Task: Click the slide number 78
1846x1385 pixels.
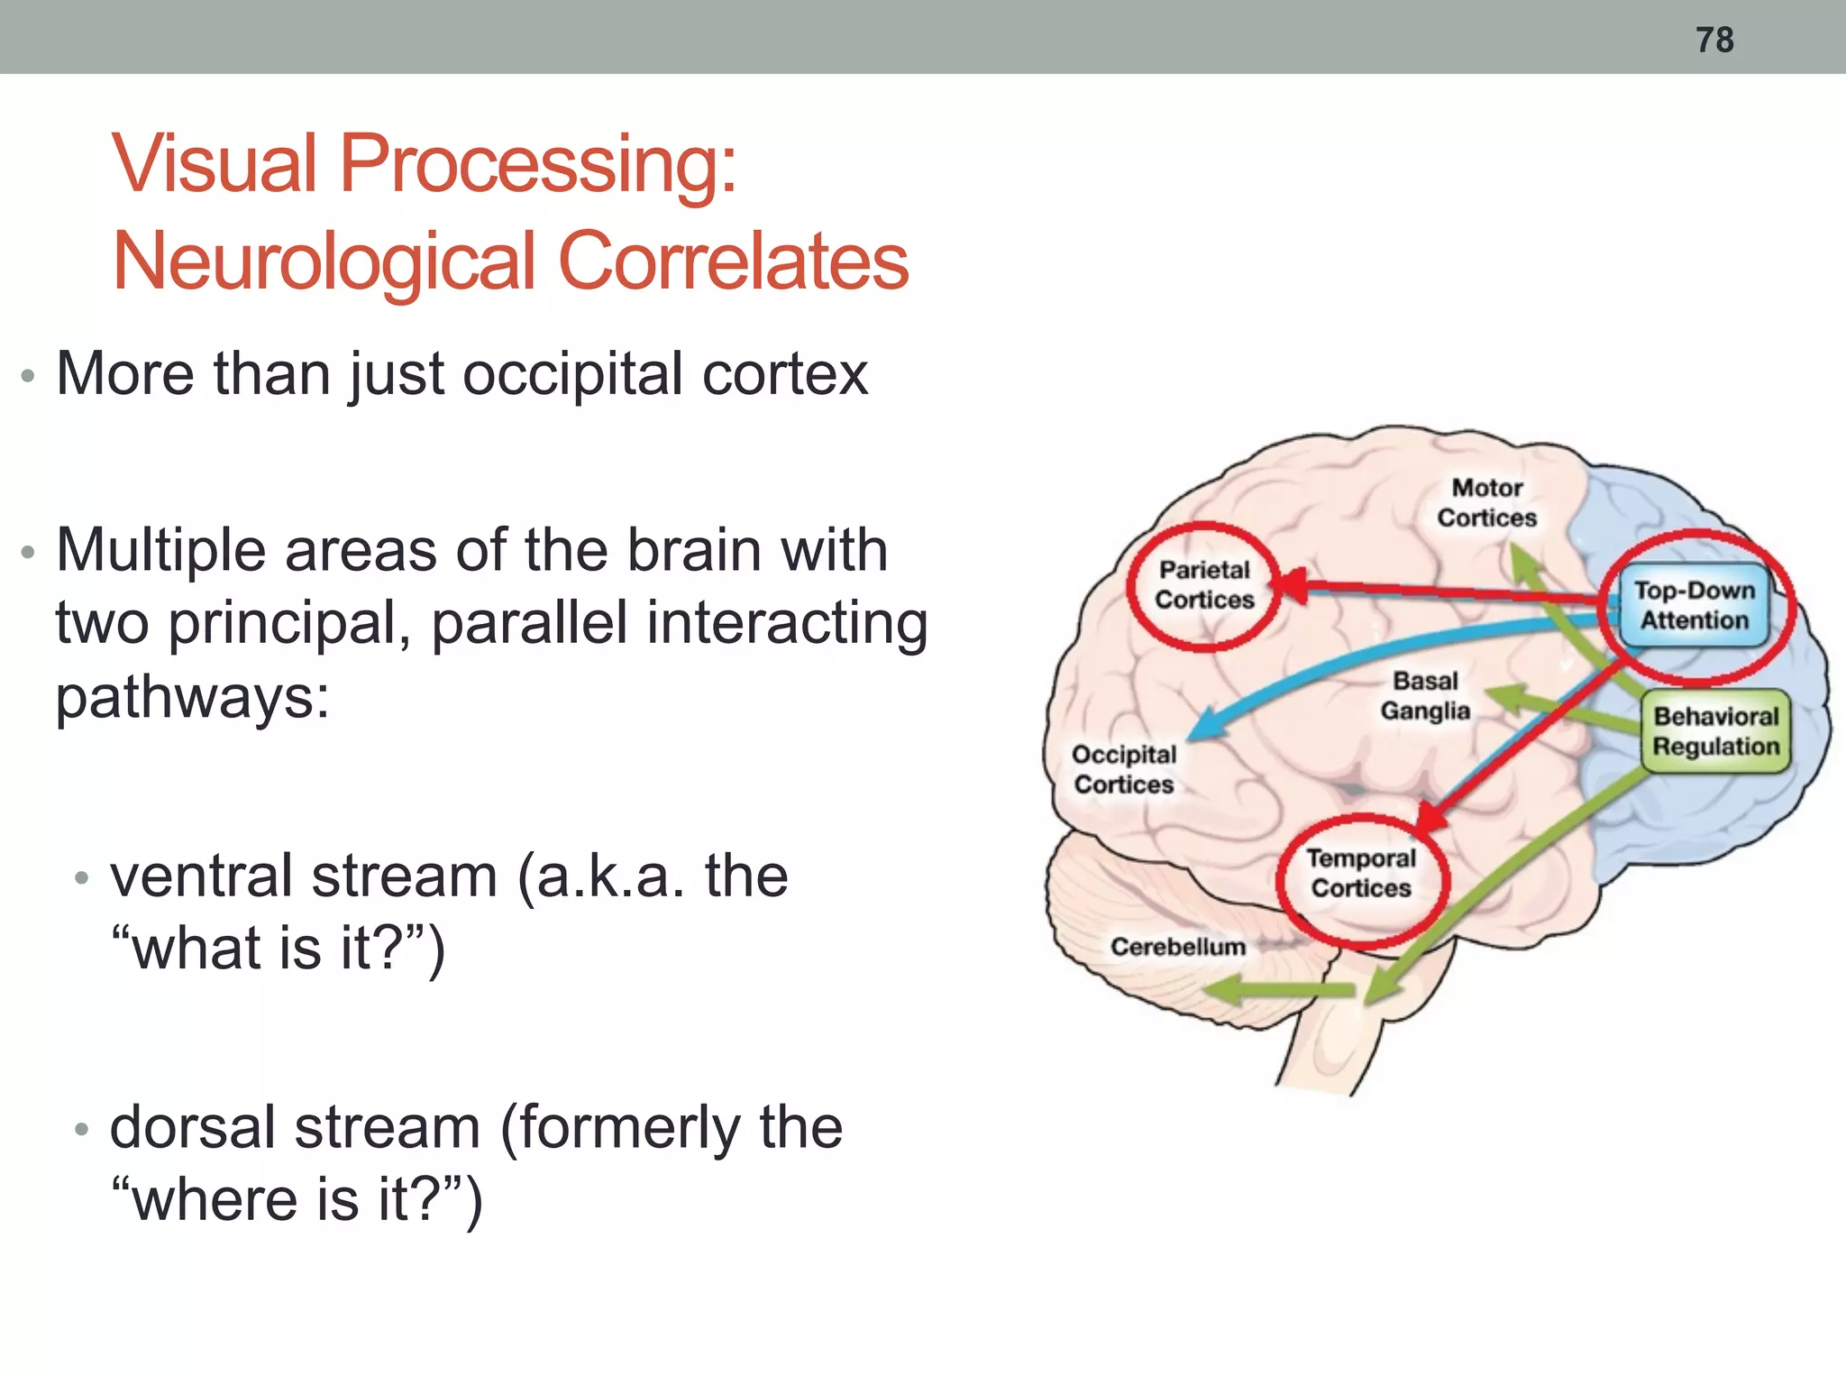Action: pos(1713,40)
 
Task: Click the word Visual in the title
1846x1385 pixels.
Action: pos(215,164)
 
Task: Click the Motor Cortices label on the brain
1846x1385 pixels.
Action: pos(1486,503)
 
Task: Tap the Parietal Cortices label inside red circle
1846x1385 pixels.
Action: pos(1204,585)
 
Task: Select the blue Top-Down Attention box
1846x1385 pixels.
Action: pos(1694,605)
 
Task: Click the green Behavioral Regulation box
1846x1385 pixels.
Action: pos(1715,731)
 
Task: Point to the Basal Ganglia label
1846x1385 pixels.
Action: pos(1424,696)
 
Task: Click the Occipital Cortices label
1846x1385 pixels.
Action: pos(1123,769)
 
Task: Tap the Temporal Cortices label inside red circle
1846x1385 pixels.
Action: pos(1361,874)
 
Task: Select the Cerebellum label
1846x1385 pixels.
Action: pos(1177,947)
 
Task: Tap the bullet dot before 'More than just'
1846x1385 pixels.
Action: pos(28,376)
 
